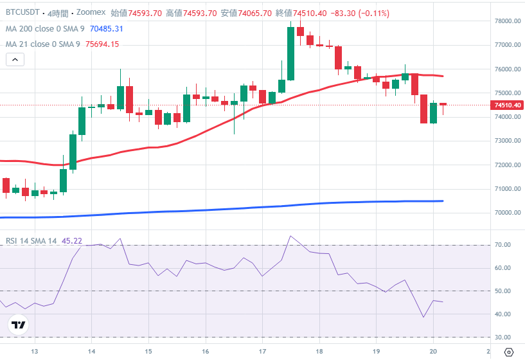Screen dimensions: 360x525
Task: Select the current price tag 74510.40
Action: point(507,105)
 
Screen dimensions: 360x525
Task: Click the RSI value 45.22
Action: point(71,240)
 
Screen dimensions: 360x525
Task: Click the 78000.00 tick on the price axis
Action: point(507,21)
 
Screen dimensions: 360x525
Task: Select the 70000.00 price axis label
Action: point(507,213)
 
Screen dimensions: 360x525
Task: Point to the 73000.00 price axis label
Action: point(507,141)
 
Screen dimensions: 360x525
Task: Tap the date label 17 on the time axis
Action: point(263,352)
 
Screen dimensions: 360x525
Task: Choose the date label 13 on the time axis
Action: point(35,352)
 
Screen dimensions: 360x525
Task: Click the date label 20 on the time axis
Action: point(433,352)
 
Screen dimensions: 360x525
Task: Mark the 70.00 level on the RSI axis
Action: point(503,245)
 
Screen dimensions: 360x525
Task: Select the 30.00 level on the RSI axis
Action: point(503,337)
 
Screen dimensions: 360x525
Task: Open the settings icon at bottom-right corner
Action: point(509,352)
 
